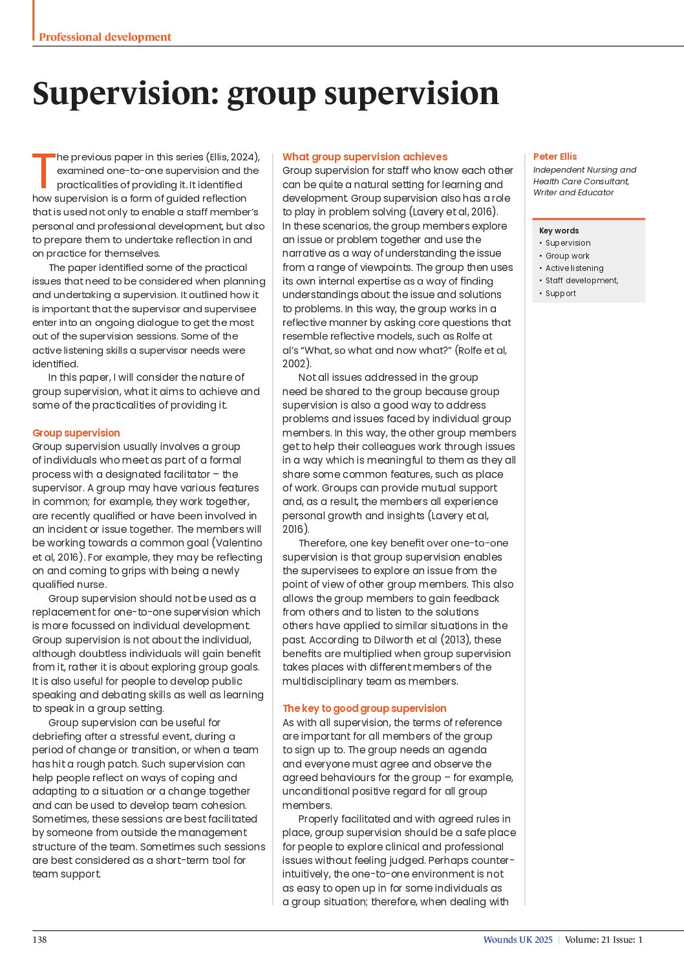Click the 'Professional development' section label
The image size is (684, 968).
pos(105,37)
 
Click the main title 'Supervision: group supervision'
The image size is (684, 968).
pos(266,93)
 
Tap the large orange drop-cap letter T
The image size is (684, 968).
pos(44,170)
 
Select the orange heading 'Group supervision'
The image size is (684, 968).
pos(76,433)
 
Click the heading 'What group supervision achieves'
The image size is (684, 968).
pos(365,156)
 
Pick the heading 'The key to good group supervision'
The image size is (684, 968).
pos(364,708)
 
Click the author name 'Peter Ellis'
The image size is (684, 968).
pos(555,156)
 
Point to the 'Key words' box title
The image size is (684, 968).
pos(559,231)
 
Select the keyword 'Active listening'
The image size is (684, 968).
pos(574,268)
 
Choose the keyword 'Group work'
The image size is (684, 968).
pos(567,256)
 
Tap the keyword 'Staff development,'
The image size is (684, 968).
pos(581,281)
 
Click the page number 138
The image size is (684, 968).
pos(39,940)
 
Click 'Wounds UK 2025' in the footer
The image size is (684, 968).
pos(518,940)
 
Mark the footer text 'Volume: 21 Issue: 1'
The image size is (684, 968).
pos(603,940)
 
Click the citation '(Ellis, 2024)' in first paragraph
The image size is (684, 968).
pos(233,157)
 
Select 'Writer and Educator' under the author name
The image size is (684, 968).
pos(573,193)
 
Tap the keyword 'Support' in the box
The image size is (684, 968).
pos(561,294)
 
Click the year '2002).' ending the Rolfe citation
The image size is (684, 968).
pos(297,364)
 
